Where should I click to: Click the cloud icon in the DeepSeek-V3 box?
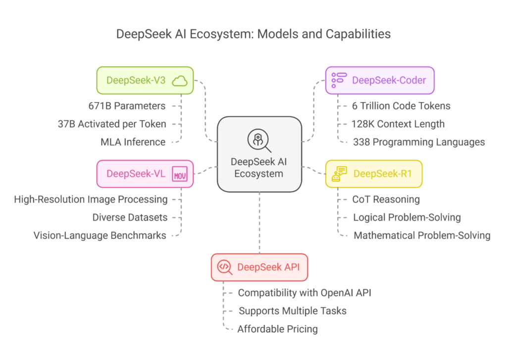[x=179, y=81]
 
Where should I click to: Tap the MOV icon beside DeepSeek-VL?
[x=180, y=174]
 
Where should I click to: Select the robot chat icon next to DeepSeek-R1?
[x=339, y=174]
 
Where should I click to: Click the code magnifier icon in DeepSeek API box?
[x=225, y=267]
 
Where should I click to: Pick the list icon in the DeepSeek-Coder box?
[x=339, y=80]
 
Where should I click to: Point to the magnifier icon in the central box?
[x=259, y=141]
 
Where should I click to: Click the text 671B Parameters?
[x=127, y=106]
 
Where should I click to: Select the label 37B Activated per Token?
[x=112, y=124]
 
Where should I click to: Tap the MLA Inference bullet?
[x=133, y=142]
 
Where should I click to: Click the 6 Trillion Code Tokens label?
[x=401, y=106]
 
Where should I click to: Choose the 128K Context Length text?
[x=398, y=124]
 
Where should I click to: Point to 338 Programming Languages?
[x=419, y=142]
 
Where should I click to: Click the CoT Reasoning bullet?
[x=386, y=199]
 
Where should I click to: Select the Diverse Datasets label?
[x=130, y=217]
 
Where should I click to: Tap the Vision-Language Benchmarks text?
[x=100, y=236]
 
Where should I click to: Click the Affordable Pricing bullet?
[x=277, y=329]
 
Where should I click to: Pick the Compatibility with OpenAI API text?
[x=304, y=293]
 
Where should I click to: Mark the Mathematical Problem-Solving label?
[x=422, y=236]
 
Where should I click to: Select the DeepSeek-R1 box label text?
[x=383, y=174]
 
